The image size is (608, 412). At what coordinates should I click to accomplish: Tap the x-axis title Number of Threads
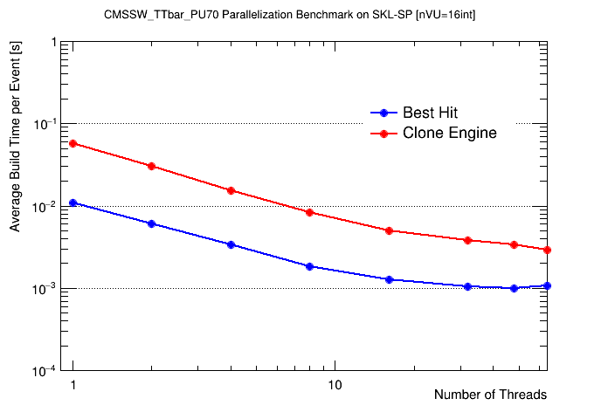[x=490, y=395]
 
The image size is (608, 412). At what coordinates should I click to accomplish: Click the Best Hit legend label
[x=430, y=113]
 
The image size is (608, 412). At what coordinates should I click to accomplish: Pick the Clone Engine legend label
[x=449, y=134]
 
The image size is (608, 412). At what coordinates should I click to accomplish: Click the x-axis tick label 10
[x=335, y=385]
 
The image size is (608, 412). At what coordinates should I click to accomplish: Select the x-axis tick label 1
[x=73, y=385]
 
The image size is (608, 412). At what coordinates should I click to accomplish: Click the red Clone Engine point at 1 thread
[x=73, y=143]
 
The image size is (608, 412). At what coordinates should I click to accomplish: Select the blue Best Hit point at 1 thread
[x=73, y=203]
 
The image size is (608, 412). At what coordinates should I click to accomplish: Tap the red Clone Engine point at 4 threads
[x=231, y=190]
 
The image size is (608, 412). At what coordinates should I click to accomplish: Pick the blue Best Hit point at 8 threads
[x=309, y=266]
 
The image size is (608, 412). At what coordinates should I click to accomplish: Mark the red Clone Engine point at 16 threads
[x=389, y=230]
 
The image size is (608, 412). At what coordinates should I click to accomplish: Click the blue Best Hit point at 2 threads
[x=152, y=223]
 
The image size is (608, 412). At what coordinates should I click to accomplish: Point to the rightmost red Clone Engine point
[x=547, y=250]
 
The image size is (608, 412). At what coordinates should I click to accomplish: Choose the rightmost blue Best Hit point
[x=547, y=285]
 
